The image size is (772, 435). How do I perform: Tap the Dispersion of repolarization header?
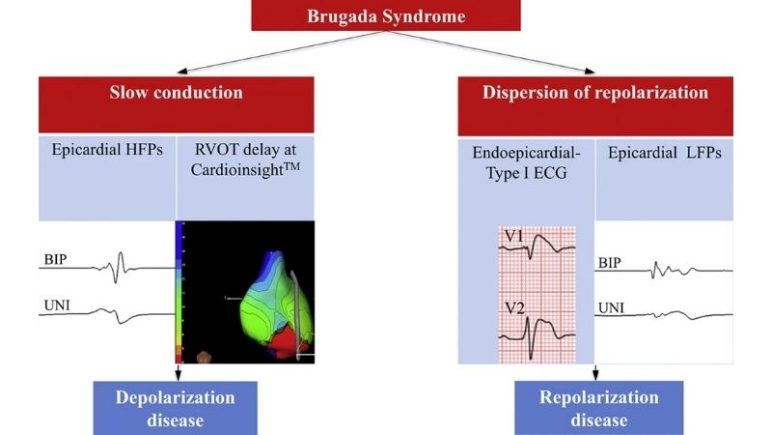[596, 93]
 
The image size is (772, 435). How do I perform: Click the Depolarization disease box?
[176, 408]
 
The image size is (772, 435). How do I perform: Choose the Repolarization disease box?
[598, 408]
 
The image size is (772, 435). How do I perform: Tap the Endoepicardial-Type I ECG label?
[526, 169]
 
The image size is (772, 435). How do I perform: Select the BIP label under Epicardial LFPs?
[610, 262]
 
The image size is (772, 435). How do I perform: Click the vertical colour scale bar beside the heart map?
[179, 290]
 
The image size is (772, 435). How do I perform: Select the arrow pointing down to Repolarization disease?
[596, 372]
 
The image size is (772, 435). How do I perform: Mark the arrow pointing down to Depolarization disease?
[178, 372]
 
